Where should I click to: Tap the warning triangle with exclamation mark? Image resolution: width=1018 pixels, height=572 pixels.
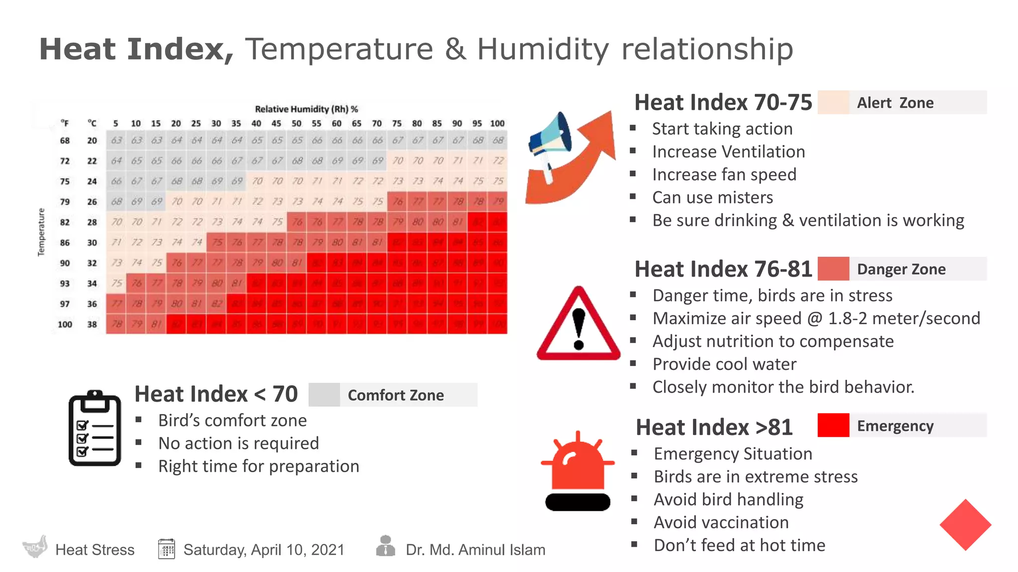point(578,325)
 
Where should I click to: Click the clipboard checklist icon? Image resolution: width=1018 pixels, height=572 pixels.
point(95,429)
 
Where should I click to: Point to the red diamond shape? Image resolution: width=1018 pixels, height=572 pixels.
point(965,525)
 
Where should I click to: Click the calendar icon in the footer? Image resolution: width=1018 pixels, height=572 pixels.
point(167,549)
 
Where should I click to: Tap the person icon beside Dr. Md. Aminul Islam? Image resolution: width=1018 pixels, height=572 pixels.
point(385,546)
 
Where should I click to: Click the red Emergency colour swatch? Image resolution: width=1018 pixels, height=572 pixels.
point(833,425)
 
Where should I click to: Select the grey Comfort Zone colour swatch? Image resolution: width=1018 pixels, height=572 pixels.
point(324,395)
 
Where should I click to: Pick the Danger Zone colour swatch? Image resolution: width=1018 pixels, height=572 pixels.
point(833,269)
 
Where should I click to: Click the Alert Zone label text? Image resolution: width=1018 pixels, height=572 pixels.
point(895,103)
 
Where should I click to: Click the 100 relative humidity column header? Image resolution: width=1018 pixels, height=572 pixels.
point(497,123)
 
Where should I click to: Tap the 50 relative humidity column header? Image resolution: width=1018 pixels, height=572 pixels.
point(296,123)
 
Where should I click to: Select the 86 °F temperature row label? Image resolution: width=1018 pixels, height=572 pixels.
point(65,243)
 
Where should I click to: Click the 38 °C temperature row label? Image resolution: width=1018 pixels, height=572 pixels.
point(92,324)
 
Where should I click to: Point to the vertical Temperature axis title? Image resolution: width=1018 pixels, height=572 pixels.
point(41,232)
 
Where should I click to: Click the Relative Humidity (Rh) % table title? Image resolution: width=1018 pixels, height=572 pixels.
point(306,109)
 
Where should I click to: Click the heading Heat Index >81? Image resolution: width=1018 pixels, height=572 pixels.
point(714,428)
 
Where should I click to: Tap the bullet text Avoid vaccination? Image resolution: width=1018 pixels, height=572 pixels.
point(721,522)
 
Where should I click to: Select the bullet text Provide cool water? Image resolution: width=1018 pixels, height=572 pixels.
point(724,364)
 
